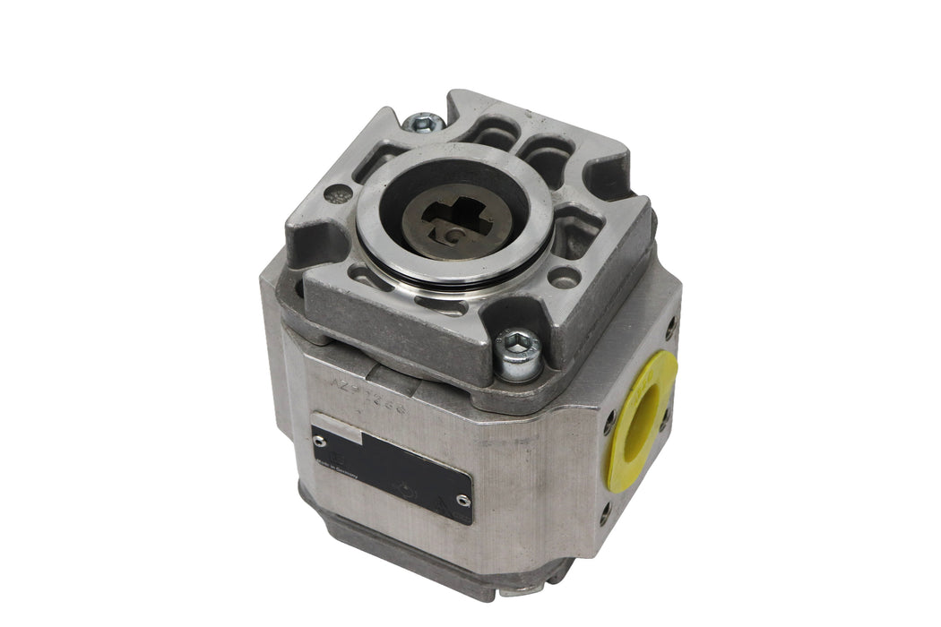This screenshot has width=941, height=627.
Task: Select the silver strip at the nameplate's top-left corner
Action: pyautogui.click(x=336, y=432)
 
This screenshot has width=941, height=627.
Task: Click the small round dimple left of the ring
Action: pyautogui.click(x=338, y=193)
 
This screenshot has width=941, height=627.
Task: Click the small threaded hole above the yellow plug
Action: pyautogui.click(x=671, y=327)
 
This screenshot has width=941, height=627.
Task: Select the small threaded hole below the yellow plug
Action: pyautogui.click(x=606, y=511)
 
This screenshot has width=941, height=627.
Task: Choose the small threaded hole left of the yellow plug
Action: pyautogui.click(x=609, y=417)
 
